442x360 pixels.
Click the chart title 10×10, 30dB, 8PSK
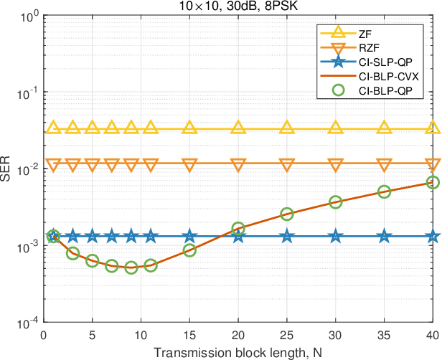click(x=238, y=6)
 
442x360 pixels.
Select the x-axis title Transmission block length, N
click(x=238, y=351)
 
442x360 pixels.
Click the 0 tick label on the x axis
click(x=44, y=335)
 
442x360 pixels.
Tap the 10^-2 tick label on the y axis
click(x=27, y=170)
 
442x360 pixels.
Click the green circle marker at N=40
click(x=433, y=183)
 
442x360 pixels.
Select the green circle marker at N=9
click(x=131, y=267)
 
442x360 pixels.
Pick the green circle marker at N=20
click(x=238, y=229)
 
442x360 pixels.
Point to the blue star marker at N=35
click(x=385, y=236)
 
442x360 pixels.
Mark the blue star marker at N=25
click(x=287, y=236)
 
